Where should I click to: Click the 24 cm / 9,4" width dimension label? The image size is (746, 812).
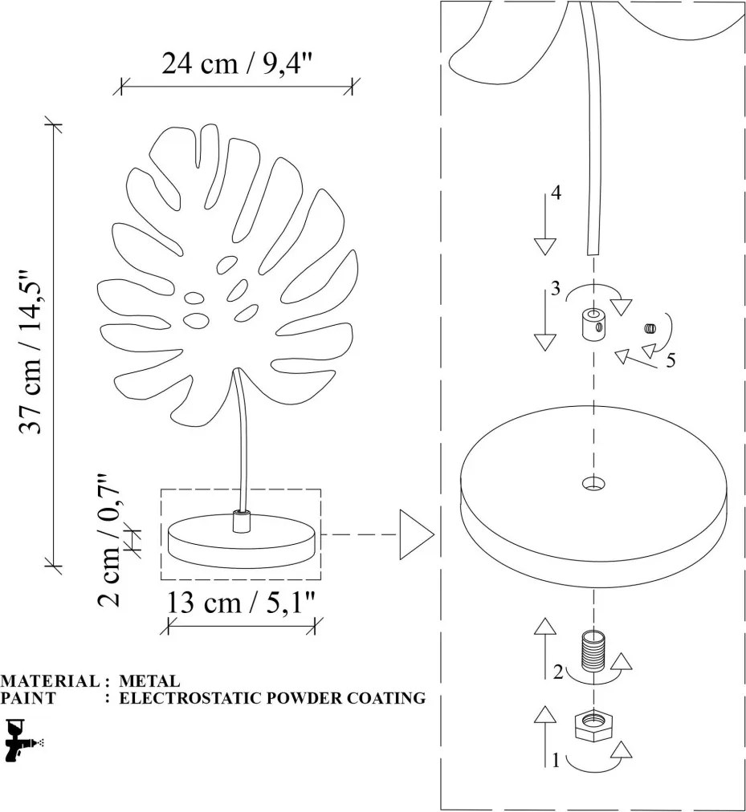coord(238,63)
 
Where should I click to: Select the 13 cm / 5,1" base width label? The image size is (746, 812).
coord(241,603)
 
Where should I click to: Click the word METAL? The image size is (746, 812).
coord(149,680)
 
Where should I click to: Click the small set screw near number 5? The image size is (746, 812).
coord(649,328)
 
